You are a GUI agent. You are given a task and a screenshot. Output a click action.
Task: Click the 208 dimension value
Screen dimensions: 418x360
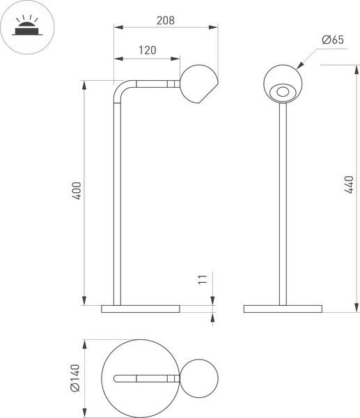click(x=165, y=20)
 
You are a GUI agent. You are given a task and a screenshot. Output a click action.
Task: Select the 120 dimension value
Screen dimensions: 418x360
click(x=146, y=50)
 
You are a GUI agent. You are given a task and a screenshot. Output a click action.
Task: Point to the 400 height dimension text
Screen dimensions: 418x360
click(x=78, y=191)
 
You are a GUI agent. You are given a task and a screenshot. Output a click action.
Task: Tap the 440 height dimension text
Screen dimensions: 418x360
click(x=349, y=185)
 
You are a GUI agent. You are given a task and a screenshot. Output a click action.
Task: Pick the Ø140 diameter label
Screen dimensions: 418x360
click(x=78, y=378)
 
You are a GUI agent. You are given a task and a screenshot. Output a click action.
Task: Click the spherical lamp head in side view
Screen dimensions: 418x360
click(x=198, y=84)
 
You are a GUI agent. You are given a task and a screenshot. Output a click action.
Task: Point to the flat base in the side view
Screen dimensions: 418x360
click(x=140, y=309)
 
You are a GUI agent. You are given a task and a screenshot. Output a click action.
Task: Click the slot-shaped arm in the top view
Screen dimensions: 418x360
click(x=142, y=378)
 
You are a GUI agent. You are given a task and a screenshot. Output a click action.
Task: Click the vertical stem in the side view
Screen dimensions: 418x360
click(x=117, y=202)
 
